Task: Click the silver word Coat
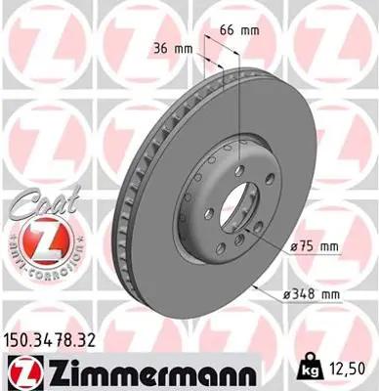[x=36, y=206]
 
